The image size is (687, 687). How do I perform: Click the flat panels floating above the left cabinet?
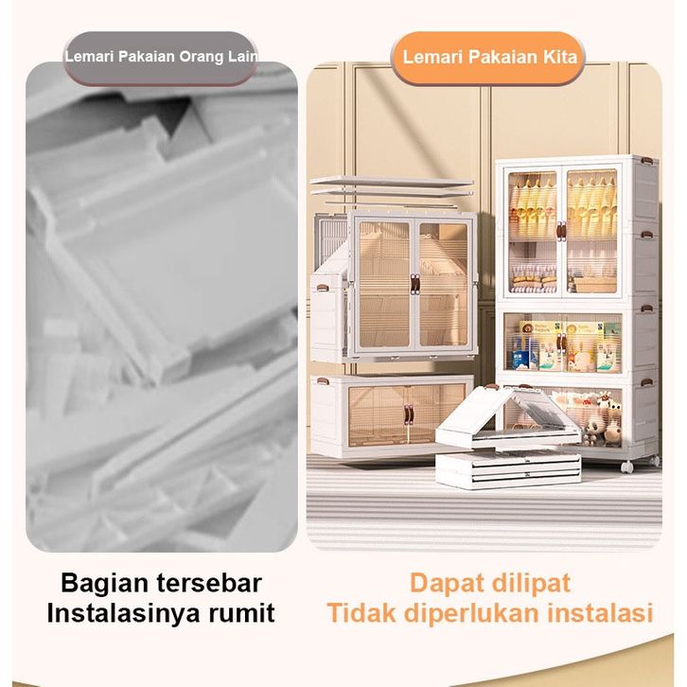point(391,185)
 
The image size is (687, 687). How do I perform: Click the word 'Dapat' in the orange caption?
point(449,582)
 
